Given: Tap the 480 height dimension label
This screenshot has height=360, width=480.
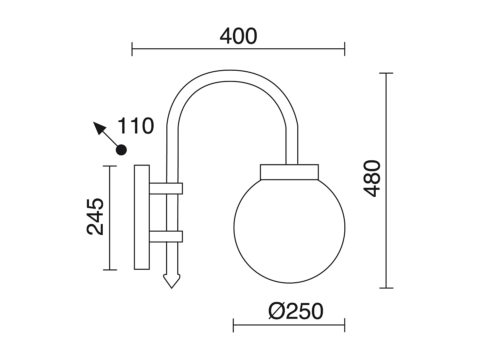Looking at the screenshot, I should [372, 179].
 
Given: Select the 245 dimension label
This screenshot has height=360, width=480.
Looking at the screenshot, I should [95, 217].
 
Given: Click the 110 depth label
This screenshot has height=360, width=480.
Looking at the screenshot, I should [136, 126].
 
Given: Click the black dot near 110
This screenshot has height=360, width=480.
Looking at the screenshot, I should [121, 150].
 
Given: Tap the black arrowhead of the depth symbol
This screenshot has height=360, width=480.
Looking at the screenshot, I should [99, 128].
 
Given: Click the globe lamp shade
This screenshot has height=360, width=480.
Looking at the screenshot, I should [289, 230].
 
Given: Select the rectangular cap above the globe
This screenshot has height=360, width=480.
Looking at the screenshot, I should [289, 172].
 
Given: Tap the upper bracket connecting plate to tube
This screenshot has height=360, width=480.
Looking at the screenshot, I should [166, 188].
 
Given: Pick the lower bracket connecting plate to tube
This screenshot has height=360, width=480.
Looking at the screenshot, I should [166, 236].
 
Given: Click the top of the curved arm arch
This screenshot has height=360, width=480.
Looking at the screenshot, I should [233, 75].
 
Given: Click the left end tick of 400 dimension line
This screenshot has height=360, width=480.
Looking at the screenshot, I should [132, 49].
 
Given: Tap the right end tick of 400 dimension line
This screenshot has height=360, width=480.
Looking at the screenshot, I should [345, 49].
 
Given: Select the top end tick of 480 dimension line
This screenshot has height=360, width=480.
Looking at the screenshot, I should [386, 73].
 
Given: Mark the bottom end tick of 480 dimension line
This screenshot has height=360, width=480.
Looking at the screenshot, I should [386, 288].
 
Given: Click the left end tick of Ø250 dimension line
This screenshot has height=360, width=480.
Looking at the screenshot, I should [233, 325].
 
